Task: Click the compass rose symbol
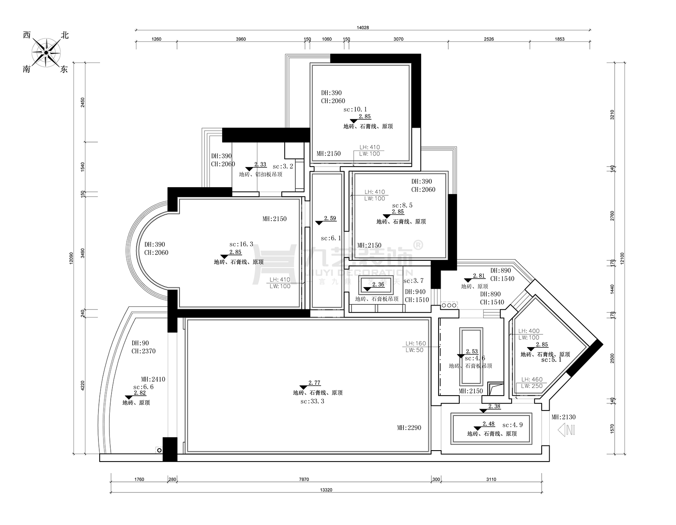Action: [x=46, y=53]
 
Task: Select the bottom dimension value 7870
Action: [x=304, y=479]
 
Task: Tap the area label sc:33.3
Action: [x=312, y=401]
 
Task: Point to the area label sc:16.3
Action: [x=241, y=244]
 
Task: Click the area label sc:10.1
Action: [x=355, y=109]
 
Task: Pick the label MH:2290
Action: [x=409, y=427]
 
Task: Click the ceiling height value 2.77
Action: [x=314, y=383]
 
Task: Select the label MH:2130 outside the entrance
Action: [x=563, y=417]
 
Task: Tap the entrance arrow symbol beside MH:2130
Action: [x=566, y=430]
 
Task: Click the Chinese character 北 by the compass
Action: [x=64, y=36]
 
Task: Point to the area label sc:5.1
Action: [x=551, y=360]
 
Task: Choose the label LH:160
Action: [x=416, y=344]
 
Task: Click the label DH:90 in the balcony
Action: [x=140, y=343]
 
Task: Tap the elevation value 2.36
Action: [x=378, y=284]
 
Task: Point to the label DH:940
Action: [x=415, y=292]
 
